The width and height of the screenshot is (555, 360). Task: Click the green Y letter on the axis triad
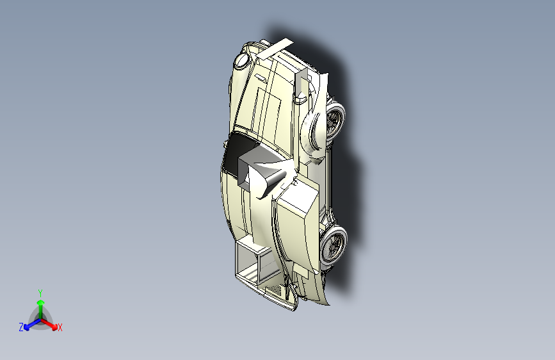[x=40, y=293]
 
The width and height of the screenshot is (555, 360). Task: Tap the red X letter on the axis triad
[x=60, y=327]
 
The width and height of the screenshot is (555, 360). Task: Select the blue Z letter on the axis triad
[x=21, y=327]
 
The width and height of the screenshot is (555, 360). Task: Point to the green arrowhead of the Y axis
[x=41, y=302]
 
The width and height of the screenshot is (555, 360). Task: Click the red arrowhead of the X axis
[x=54, y=327]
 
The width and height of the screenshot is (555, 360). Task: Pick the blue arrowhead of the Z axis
[x=26, y=327]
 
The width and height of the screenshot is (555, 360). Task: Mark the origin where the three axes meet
[x=41, y=319]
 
